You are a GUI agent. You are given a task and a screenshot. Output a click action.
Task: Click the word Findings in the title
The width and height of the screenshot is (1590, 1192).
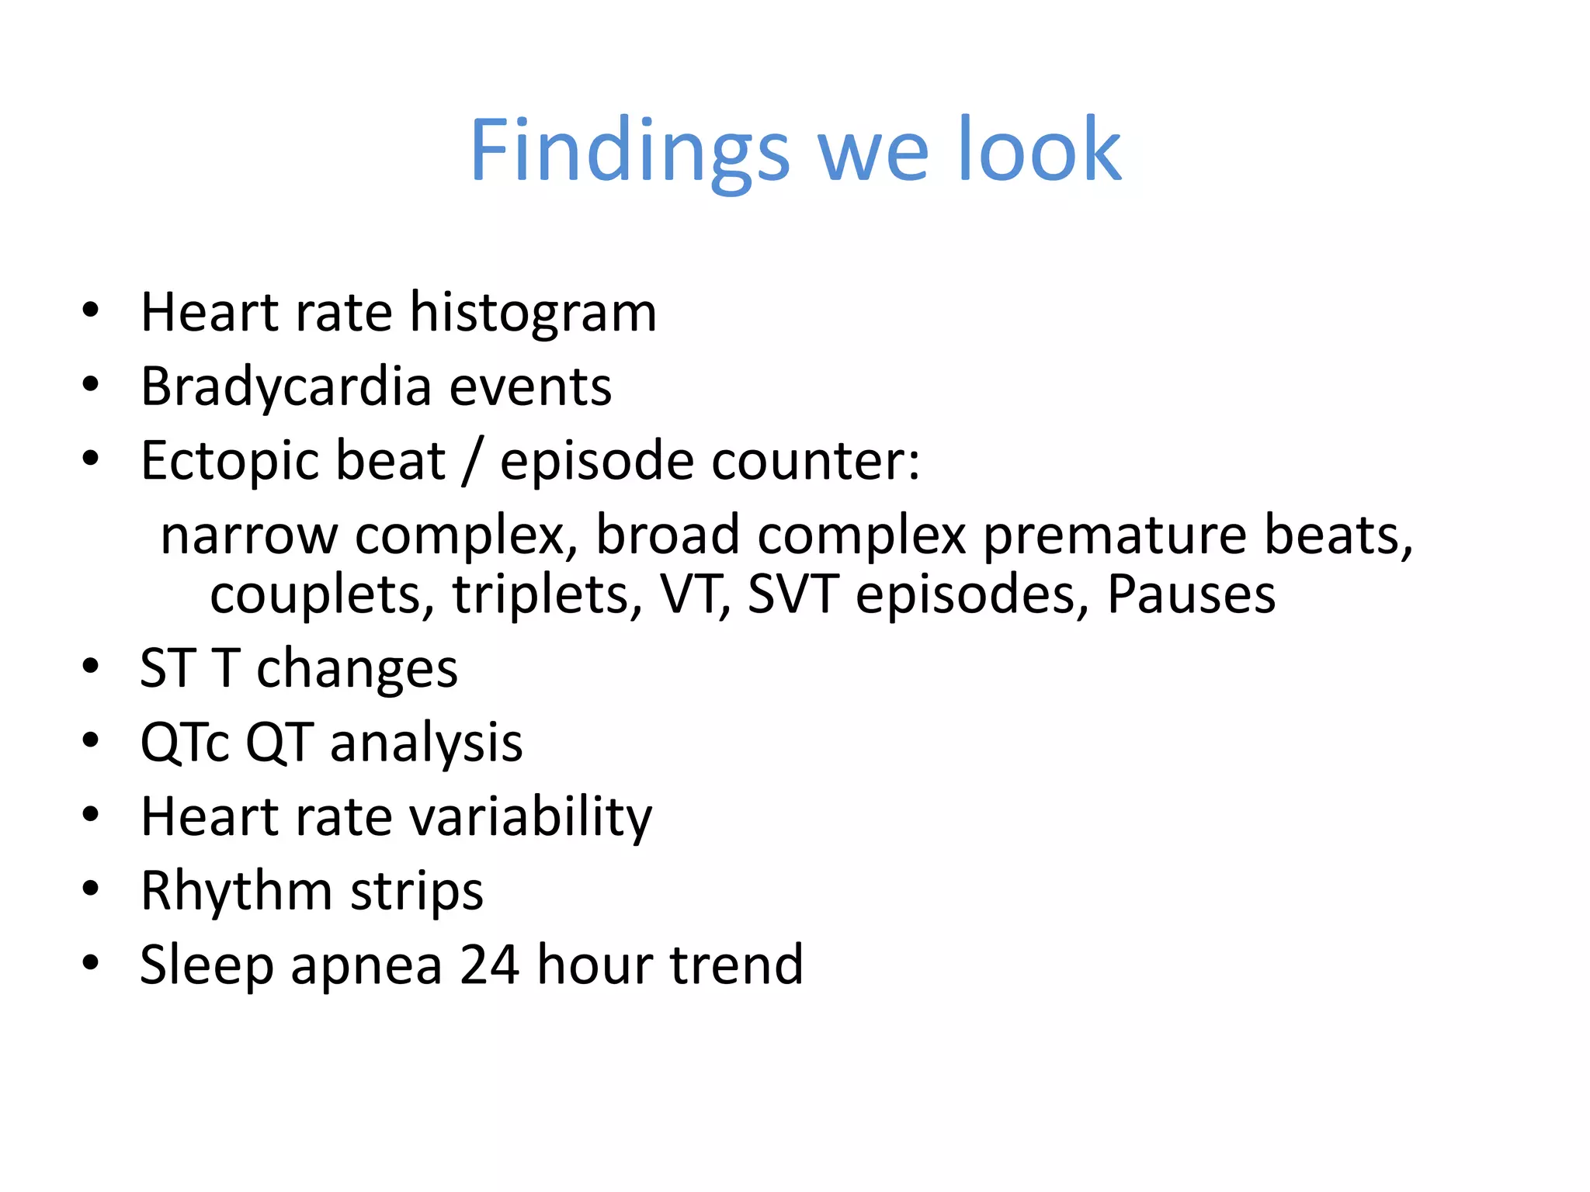[630, 151]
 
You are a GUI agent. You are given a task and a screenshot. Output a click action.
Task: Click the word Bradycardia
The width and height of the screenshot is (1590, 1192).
[286, 387]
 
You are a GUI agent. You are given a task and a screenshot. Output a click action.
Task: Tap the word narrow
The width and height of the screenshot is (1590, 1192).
[248, 535]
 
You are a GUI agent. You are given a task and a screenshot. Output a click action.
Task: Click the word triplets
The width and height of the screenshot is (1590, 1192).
[548, 594]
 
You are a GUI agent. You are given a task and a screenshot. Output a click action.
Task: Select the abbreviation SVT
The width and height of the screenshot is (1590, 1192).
[793, 594]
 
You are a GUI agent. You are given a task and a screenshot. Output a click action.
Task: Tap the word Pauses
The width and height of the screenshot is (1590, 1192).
[1191, 594]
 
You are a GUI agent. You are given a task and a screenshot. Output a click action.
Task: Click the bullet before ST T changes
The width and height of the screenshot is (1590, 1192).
[91, 667]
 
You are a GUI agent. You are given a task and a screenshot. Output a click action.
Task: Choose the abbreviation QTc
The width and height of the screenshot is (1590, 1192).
[185, 743]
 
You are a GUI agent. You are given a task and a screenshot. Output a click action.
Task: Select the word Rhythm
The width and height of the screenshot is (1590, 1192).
[236, 891]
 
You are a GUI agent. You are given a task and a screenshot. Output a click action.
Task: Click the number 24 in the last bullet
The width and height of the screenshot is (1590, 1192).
[489, 965]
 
